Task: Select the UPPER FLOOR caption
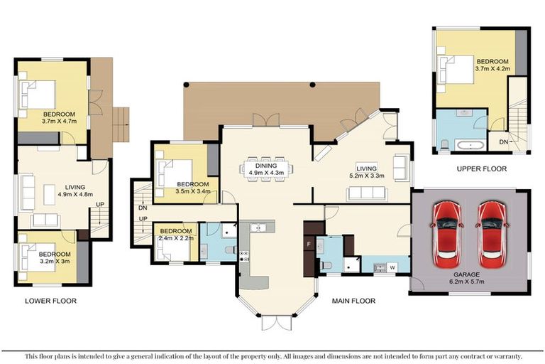(481, 169)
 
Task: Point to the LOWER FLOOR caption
(50, 301)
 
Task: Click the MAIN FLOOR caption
(353, 301)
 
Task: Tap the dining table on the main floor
(266, 169)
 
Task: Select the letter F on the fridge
(308, 244)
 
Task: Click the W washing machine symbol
(392, 267)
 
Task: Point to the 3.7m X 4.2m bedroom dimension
(492, 69)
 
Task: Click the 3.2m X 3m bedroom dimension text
(55, 261)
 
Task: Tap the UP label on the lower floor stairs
(100, 205)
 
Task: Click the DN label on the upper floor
(504, 141)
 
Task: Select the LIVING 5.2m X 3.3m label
(367, 172)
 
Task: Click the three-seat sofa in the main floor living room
(367, 193)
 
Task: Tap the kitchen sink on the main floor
(258, 227)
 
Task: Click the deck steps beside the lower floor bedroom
(121, 124)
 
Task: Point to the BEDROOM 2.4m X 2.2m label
(176, 235)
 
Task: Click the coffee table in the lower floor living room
(50, 195)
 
